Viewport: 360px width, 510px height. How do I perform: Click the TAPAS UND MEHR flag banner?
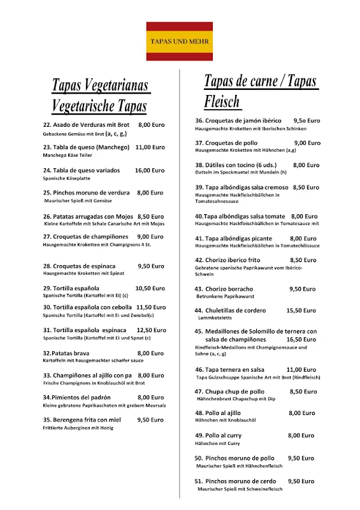click(x=179, y=41)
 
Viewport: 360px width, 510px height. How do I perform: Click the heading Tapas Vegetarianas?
click(x=99, y=85)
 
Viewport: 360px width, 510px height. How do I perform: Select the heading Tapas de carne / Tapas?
click(x=260, y=82)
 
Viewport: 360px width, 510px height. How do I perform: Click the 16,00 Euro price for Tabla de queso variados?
click(x=150, y=170)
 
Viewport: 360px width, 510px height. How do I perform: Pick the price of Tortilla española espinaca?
click(x=151, y=330)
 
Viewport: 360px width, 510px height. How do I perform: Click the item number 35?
click(x=47, y=420)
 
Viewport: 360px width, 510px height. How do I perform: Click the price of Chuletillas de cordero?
click(x=301, y=310)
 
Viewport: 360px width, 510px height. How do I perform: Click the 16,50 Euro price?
click(x=302, y=340)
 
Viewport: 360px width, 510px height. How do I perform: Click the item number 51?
click(x=199, y=481)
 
